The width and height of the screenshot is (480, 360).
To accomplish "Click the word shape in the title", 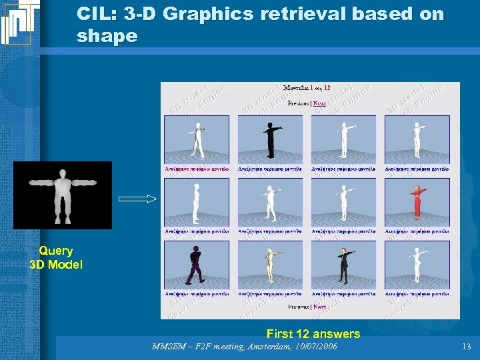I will point(107,37).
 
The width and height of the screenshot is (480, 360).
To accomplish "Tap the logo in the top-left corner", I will point(19,22).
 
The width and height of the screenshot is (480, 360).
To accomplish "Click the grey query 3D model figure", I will point(62,195).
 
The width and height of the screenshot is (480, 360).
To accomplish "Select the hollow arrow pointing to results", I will point(137,199).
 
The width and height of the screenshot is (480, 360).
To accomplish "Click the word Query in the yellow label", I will point(56,251).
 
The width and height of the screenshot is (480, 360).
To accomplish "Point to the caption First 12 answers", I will point(313,333).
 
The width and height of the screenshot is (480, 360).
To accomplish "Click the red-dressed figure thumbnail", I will point(417,202).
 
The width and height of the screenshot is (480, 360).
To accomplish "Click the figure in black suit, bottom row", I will point(343,265).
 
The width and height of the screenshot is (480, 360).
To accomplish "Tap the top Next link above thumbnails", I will point(320,103).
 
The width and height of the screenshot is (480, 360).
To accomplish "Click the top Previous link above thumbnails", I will point(299,103).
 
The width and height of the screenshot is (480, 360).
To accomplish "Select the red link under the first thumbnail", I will point(197,169).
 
